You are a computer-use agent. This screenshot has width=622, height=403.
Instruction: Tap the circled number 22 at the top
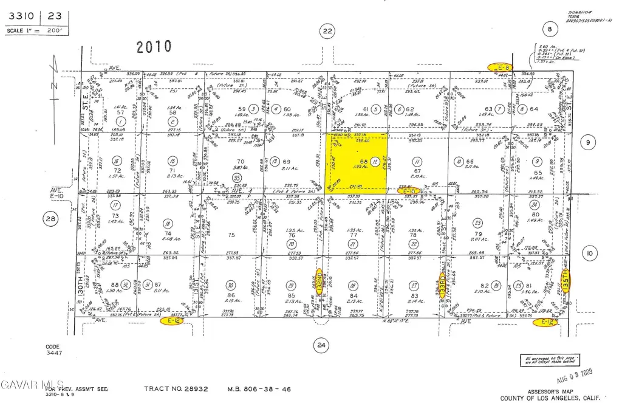[327, 30]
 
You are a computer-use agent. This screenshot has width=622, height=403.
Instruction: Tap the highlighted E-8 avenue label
[502, 66]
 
